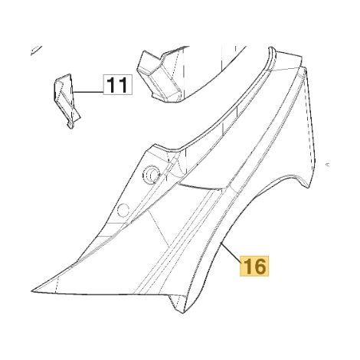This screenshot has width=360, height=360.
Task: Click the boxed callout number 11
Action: pos(118,85)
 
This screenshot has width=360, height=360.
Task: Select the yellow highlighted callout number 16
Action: pos(254,266)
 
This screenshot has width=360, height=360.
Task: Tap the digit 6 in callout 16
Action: pos(260,266)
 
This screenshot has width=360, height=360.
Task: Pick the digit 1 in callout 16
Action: pos(247,266)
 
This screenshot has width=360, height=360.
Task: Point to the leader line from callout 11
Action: pos(88,92)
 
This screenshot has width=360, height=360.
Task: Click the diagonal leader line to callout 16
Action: pos(231,252)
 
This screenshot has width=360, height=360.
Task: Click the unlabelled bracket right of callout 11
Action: pos(161,74)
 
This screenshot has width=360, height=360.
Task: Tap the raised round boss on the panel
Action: pos(152,174)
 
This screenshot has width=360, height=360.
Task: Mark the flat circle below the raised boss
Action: pos(123,211)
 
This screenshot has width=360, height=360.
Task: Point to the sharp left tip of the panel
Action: pos(31,291)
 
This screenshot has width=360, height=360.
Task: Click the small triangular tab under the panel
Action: pos(178,303)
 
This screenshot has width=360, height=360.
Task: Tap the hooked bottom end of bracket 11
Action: pos(70,126)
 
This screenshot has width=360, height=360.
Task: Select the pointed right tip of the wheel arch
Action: pos(309,186)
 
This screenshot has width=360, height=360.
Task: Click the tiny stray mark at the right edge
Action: pos(328,165)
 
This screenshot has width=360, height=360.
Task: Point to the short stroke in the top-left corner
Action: pos(35,50)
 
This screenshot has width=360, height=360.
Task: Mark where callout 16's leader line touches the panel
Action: pos(221,242)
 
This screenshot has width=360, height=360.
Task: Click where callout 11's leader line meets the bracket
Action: pos(73,92)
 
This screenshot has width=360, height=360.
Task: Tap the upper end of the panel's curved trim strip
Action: pos(272,48)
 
